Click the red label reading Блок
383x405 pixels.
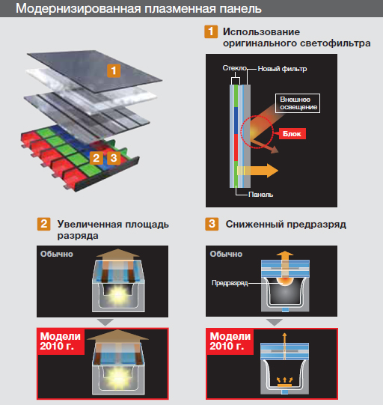(292, 133)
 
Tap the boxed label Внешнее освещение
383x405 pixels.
(298, 103)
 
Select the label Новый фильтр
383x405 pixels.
(282, 69)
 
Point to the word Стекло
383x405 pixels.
(235, 68)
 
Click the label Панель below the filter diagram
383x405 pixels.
(260, 195)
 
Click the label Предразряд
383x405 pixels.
(230, 283)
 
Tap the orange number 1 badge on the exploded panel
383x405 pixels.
(114, 71)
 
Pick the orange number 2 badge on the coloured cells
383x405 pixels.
(96, 158)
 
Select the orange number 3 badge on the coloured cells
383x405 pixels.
(114, 158)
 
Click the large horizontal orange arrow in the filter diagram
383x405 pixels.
(257, 171)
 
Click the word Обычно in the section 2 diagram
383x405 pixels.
(57, 254)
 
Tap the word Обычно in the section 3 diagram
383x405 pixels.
(226, 254)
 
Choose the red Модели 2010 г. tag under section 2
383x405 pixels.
(61, 341)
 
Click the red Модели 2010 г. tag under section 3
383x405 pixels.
(230, 341)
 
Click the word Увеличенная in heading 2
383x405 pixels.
(90, 224)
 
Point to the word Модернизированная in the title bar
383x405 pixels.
(79, 8)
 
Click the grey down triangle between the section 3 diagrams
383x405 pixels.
(275, 322)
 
